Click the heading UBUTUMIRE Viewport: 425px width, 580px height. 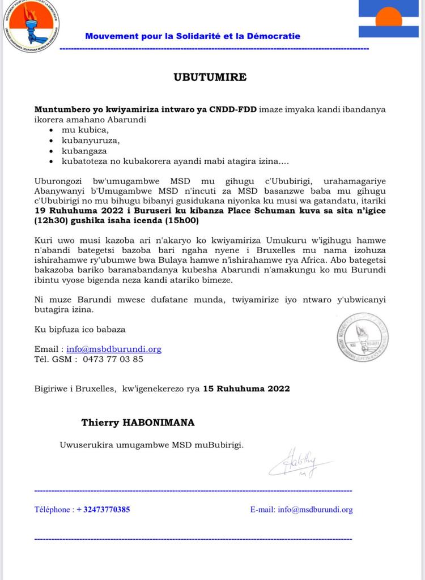pos(210,77)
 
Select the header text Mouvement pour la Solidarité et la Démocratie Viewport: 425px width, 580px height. pos(193,36)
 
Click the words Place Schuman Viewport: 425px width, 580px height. pos(250,211)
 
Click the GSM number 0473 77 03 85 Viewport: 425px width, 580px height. pos(113,359)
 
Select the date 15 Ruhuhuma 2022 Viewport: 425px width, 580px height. pos(246,389)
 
